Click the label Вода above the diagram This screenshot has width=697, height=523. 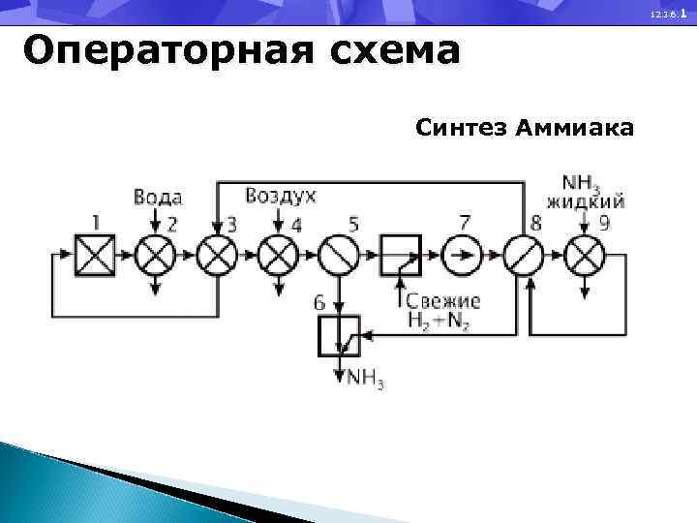(x=157, y=198)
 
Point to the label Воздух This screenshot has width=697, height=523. (x=281, y=197)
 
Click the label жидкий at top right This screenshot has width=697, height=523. (x=585, y=202)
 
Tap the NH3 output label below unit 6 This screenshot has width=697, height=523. (x=366, y=378)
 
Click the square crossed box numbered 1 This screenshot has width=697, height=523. (x=95, y=256)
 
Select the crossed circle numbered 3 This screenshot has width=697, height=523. (x=217, y=256)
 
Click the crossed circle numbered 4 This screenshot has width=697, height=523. (x=279, y=256)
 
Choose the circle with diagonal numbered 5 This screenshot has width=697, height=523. (x=339, y=256)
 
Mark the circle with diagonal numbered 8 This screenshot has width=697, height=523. (x=524, y=256)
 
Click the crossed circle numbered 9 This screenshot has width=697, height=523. (x=585, y=256)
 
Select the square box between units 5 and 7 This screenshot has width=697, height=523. (x=401, y=256)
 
